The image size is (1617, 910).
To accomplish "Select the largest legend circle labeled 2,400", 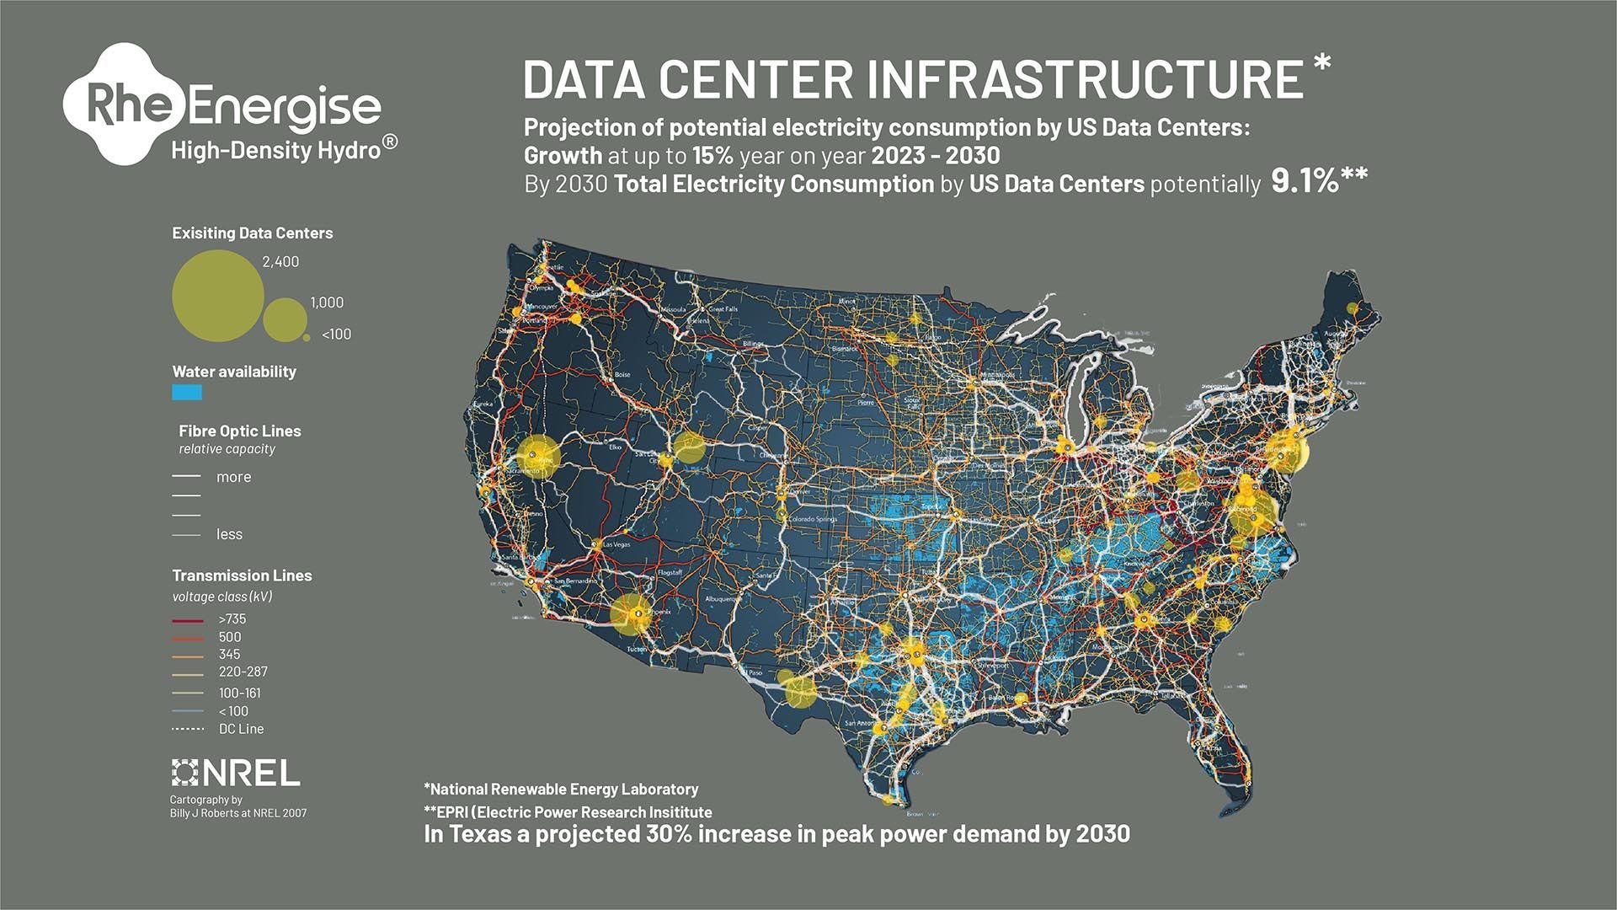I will [x=218, y=296].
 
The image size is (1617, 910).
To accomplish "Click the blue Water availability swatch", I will [x=187, y=393].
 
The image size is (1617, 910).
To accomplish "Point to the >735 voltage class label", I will [x=232, y=619].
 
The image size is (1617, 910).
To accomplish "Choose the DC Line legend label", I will [x=241, y=729].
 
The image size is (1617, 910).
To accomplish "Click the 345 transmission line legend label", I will [x=229, y=655].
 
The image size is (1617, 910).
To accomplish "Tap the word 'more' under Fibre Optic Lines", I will [x=233, y=477].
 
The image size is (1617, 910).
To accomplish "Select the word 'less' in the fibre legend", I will [x=229, y=534].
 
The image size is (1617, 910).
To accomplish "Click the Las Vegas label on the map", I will [x=616, y=544].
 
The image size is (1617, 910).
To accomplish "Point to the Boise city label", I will [x=622, y=374].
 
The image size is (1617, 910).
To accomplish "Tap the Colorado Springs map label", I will [x=812, y=520].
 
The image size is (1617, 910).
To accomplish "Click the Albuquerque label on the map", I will [x=723, y=599].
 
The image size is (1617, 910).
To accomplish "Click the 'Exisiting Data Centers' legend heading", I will [x=253, y=233].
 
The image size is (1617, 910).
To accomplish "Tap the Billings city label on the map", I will [x=752, y=344].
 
